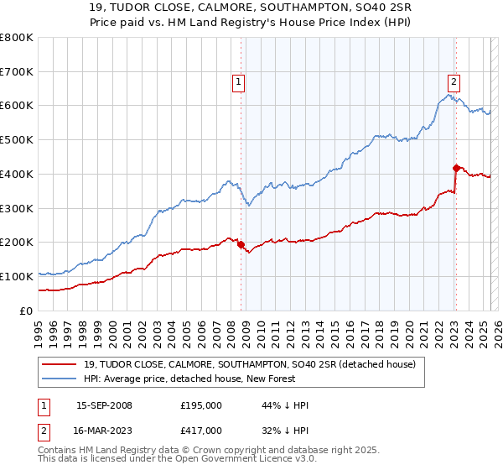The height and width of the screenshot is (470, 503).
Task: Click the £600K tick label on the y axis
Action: [x=17, y=106]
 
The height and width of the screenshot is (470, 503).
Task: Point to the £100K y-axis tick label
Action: [x=17, y=276]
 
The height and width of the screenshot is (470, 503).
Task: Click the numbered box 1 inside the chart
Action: [x=239, y=82]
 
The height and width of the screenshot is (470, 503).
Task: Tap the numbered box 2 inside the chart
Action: [x=454, y=82]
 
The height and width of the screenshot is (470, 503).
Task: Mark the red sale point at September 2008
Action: [x=241, y=244]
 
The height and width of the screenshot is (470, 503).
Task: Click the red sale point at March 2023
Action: [x=456, y=168]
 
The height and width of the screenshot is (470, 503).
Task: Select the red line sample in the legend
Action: [x=60, y=364]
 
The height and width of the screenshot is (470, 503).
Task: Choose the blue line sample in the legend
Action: [x=60, y=379]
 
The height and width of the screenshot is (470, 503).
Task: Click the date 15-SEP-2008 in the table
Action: [x=104, y=405]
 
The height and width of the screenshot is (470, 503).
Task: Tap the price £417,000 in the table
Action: [x=201, y=430]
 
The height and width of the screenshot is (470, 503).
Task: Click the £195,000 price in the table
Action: [x=201, y=405]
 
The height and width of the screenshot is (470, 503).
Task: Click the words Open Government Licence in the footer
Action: [x=227, y=460]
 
